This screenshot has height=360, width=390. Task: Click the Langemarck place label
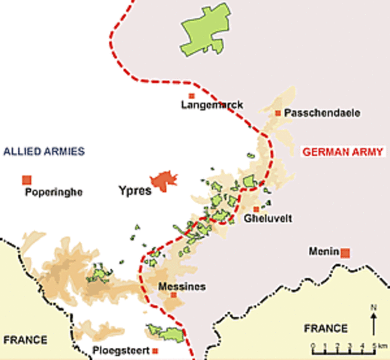[212, 106]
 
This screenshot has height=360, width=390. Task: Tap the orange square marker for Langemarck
[191, 96]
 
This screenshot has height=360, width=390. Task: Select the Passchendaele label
[323, 113]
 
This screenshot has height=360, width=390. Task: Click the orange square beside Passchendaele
[278, 113]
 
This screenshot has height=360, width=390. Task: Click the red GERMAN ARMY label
[343, 152]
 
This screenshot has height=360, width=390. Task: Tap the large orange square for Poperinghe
[27, 179]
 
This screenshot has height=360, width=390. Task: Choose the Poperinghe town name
[53, 192]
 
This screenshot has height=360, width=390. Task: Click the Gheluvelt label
[268, 219]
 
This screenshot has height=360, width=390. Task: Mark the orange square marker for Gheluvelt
[256, 209]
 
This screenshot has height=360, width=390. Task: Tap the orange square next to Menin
[345, 253]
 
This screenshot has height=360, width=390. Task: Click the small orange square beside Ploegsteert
[155, 350]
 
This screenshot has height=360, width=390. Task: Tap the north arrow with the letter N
[373, 321]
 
